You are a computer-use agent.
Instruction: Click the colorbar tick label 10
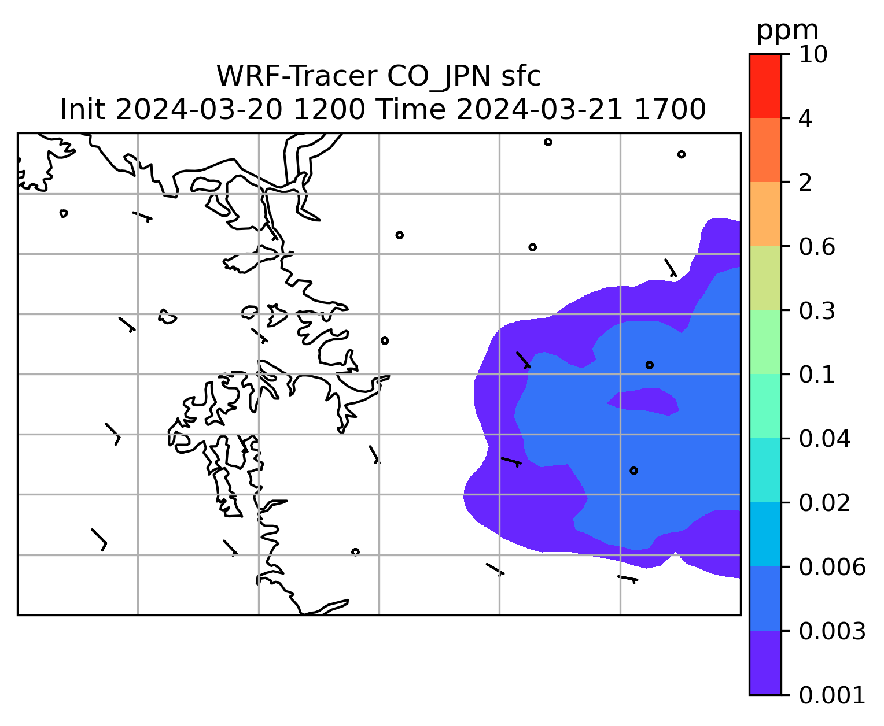tap(813, 54)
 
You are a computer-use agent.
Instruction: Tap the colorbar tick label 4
tap(805, 118)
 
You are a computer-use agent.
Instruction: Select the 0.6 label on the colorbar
tap(817, 247)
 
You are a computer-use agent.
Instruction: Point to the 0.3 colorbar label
tap(817, 311)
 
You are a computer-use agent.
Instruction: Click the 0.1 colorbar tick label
tap(817, 375)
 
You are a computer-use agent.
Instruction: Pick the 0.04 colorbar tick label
tap(824, 439)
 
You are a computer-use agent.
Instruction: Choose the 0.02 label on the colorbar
tap(824, 503)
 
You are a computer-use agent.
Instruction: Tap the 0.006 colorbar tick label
tap(832, 567)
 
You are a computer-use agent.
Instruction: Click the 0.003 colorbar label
tap(832, 631)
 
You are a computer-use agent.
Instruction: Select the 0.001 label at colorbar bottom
tap(832, 696)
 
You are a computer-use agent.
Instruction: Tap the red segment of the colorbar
tap(765, 86)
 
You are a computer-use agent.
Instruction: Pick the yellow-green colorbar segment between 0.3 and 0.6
tap(765, 278)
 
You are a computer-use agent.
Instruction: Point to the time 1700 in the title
tap(670, 110)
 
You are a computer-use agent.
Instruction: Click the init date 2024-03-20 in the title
tap(198, 110)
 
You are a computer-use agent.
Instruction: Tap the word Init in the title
tap(83, 110)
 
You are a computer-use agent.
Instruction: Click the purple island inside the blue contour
tap(643, 401)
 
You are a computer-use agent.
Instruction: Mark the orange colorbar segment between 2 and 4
tap(765, 150)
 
